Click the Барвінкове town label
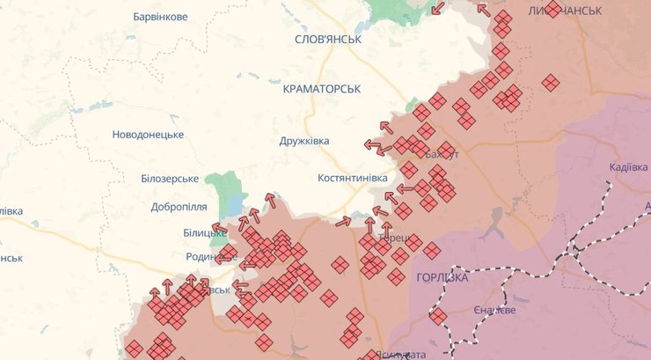pos(159,17)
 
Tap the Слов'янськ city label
pos(328,40)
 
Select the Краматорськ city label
pos(323,89)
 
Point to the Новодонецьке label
pos(148,135)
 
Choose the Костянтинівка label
pos(352,178)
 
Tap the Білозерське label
pos(170,178)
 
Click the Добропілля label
pos(179,207)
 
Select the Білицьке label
pos(205,232)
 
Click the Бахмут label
pos(442,155)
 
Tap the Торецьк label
pos(392,238)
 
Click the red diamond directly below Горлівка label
pos(438,316)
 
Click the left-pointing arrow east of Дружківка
pos(373,145)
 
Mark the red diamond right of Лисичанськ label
pos(552,10)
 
